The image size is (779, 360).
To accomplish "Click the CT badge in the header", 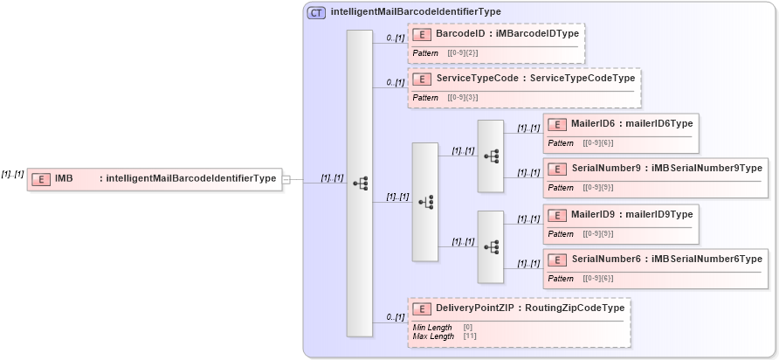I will pyautogui.click(x=317, y=12).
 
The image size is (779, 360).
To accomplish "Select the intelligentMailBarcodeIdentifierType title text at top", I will pyautogui.click(x=416, y=12).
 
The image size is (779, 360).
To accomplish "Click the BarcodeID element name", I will pyautogui.click(x=460, y=33).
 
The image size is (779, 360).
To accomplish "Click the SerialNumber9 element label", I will pyautogui.click(x=612, y=168).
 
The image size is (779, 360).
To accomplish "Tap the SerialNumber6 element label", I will pyautogui.click(x=612, y=259).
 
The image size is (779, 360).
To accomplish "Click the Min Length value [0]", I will pyautogui.click(x=467, y=327).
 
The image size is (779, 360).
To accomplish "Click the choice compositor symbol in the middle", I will pyautogui.click(x=425, y=202).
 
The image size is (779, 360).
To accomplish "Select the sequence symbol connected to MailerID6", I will pyautogui.click(x=491, y=156).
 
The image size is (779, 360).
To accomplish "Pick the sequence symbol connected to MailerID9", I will pyautogui.click(x=491, y=246).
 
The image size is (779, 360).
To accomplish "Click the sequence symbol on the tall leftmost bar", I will pyautogui.click(x=360, y=183).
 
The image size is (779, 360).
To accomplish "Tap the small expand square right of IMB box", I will pyautogui.click(x=286, y=179).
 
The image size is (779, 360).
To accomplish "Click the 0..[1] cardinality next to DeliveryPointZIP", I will pyautogui.click(x=395, y=317).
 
